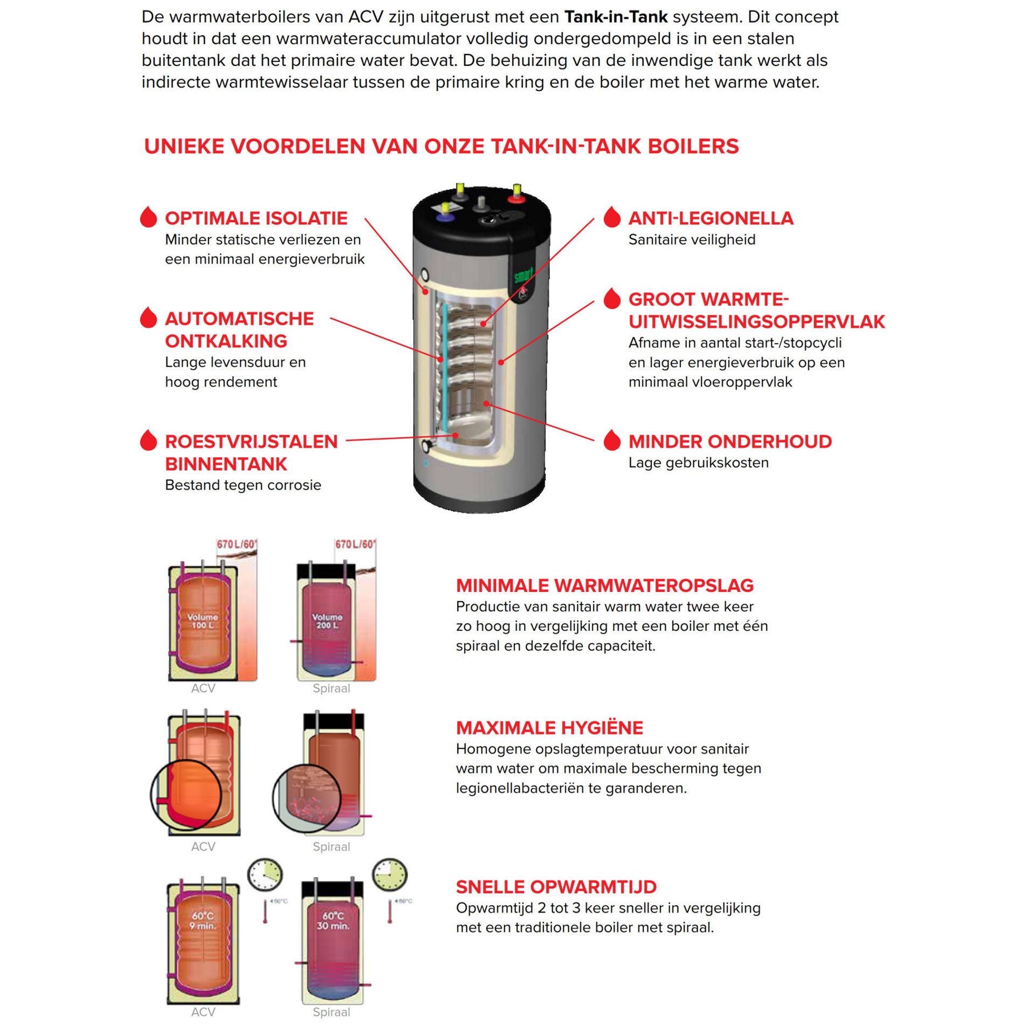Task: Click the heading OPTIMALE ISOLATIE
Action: click(256, 218)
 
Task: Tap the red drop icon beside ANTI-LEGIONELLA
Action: click(612, 217)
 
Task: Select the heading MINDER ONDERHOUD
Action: click(729, 442)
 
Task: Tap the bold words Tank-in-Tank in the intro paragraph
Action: click(616, 17)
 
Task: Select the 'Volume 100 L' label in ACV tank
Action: click(202, 621)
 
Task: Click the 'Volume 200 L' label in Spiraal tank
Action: click(327, 621)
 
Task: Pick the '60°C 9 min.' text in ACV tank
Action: click(203, 921)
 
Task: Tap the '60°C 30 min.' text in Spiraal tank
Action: click(333, 921)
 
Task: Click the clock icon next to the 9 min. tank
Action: click(265, 875)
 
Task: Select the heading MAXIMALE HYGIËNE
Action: click(549, 728)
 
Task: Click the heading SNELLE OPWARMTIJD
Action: click(556, 887)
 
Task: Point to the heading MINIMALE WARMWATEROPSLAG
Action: click(604, 585)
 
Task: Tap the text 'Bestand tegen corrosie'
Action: click(243, 485)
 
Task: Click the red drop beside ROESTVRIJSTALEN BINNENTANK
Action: click(148, 440)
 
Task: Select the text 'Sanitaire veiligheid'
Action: click(692, 240)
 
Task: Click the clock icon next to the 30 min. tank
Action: click(390, 874)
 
